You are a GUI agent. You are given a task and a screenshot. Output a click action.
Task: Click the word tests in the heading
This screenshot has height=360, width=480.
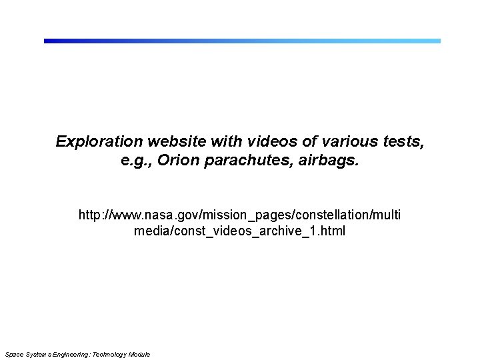coord(402,142)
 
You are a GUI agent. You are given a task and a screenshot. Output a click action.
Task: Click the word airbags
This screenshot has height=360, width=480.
coord(331,161)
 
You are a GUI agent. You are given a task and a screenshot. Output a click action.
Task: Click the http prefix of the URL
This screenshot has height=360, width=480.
coord(91,215)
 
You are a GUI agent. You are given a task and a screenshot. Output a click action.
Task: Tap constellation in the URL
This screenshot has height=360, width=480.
coord(327,215)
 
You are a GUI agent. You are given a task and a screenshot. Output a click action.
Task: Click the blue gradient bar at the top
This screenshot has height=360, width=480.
coord(242,41)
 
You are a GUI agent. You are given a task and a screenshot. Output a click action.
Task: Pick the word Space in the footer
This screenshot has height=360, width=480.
coord(13,354)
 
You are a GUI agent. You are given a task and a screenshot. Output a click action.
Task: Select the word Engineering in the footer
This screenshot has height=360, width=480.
coord(69,354)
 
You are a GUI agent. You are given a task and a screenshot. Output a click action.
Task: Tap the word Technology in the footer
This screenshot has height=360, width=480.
coord(113,354)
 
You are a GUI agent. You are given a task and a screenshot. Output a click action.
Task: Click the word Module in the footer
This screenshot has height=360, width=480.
coord(141,354)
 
